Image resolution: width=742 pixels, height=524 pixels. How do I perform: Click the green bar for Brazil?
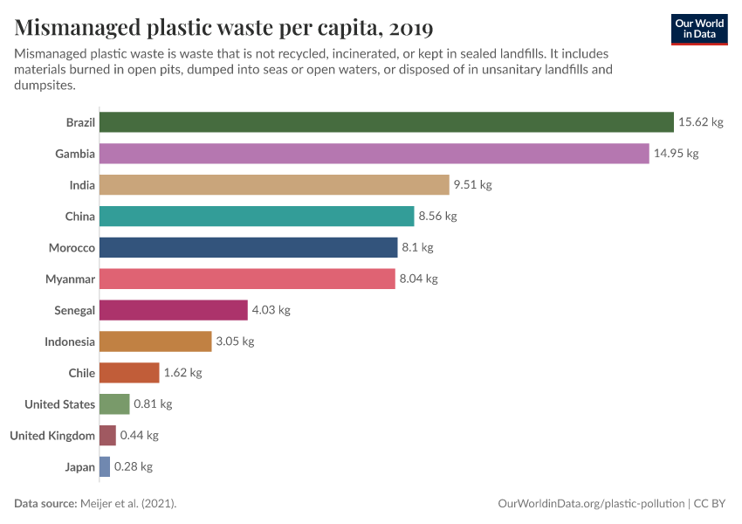pos(386,122)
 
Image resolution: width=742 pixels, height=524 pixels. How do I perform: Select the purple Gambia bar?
pos(374,154)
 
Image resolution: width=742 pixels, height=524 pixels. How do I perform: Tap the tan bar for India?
pos(273,185)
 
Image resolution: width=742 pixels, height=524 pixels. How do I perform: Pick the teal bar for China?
pos(257,217)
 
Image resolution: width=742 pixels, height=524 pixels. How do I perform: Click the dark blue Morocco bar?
pos(248,248)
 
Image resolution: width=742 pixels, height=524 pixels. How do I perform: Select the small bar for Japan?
pos(105,467)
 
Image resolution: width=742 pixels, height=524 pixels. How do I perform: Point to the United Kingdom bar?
pos(107,436)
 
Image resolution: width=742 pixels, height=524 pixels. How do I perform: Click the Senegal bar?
pos(173,310)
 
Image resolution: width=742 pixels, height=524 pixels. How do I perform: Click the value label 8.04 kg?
pos(418,279)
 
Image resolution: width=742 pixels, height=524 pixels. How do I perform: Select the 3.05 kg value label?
pos(235,341)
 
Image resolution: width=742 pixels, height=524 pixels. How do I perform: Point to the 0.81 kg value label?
pos(153,404)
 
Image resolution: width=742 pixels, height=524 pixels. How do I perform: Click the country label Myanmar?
pos(70,279)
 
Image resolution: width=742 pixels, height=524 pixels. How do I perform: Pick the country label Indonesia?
pos(70,341)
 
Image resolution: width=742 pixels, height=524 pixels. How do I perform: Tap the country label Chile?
pos(81,373)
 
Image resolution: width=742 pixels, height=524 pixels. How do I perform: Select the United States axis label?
pos(59,404)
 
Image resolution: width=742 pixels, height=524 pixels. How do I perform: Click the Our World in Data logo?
pos(699,29)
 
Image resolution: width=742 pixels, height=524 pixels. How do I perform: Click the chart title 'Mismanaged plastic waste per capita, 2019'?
pos(223,29)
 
